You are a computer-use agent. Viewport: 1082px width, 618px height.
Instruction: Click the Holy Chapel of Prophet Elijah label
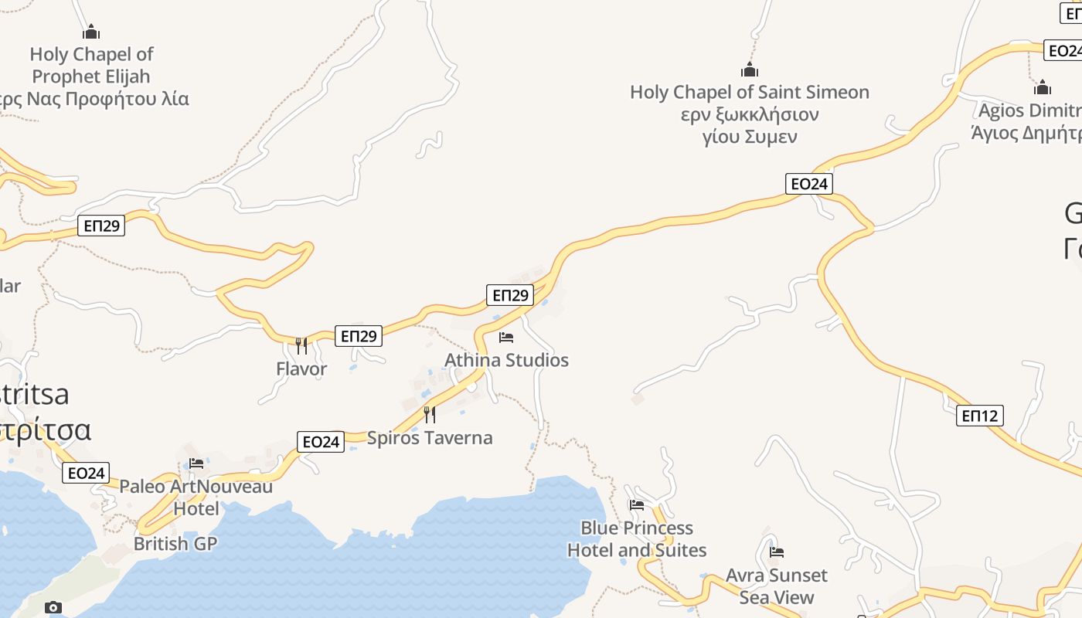coord(91,66)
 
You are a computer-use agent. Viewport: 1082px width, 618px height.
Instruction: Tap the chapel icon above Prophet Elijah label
coord(91,32)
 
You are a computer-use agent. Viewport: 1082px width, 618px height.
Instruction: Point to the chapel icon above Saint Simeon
coord(749,70)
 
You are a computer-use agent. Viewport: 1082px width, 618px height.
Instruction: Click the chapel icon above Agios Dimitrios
coord(1043,87)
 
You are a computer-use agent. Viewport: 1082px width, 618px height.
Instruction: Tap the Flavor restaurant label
coord(301,369)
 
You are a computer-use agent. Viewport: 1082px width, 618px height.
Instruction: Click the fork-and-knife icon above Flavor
coord(301,345)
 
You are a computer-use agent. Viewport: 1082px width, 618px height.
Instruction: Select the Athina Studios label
coord(506,361)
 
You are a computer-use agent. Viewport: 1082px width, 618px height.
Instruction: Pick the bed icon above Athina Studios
coord(506,338)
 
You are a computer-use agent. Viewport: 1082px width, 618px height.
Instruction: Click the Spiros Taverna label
coord(429,438)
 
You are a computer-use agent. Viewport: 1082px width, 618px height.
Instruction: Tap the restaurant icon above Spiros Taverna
coord(429,415)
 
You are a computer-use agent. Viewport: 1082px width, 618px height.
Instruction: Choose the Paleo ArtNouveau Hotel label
coord(196,497)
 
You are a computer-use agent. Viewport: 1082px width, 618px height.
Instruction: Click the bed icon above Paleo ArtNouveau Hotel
coord(196,463)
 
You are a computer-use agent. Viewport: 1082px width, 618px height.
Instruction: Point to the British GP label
coord(175,544)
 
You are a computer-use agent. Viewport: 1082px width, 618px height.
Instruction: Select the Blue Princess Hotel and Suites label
coord(637,539)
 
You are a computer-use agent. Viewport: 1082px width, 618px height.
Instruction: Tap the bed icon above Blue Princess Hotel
coord(637,505)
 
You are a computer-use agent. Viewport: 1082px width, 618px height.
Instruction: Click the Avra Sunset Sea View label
coord(777,586)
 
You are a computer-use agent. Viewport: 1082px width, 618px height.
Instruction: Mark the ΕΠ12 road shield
coord(979,416)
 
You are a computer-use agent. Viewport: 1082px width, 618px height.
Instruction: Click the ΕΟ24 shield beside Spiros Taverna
coord(321,442)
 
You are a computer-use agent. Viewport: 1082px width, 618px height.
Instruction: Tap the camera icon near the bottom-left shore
coord(53,607)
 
